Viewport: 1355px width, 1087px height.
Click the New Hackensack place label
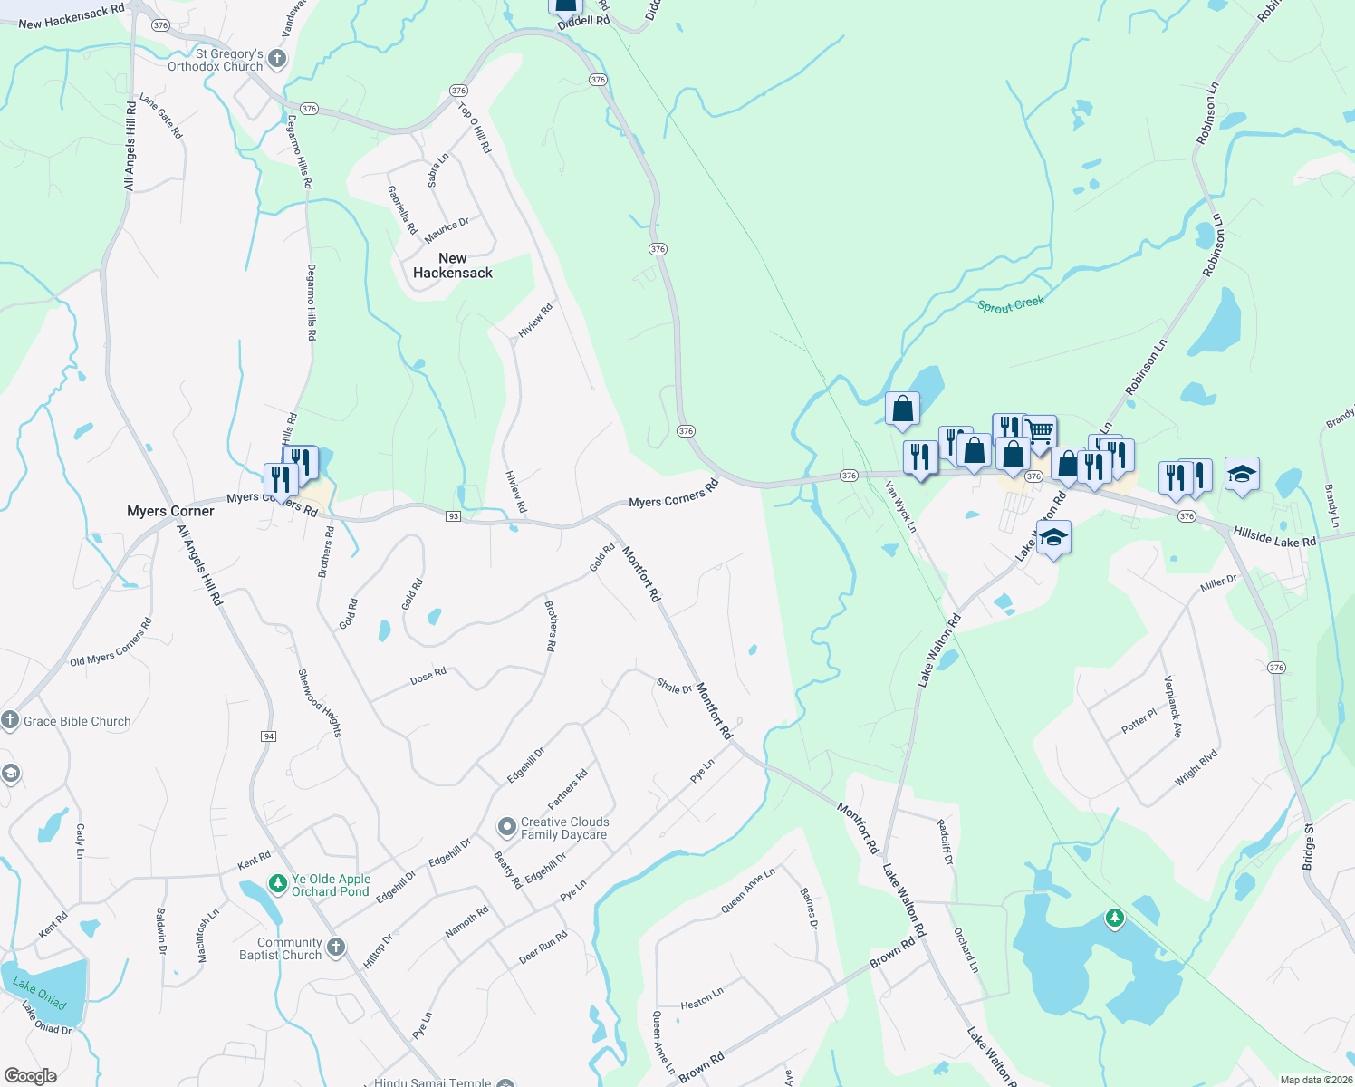(x=453, y=265)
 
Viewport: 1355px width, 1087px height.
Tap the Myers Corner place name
(x=170, y=511)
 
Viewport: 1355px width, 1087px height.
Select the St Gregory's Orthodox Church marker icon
(x=277, y=60)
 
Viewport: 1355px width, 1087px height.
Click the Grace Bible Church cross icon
(x=10, y=721)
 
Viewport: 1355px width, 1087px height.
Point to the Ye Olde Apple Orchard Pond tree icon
(x=278, y=882)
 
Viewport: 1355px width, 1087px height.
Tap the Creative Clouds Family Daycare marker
(x=507, y=827)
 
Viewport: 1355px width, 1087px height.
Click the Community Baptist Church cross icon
(x=336, y=948)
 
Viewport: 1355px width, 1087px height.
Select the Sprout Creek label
(x=1011, y=304)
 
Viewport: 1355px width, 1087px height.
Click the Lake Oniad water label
(x=40, y=995)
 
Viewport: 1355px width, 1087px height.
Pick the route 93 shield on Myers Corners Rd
(x=454, y=516)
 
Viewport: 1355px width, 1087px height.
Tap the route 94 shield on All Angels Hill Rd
(x=268, y=736)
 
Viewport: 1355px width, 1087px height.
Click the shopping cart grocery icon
(x=1040, y=431)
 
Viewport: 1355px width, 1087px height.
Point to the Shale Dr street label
(x=674, y=687)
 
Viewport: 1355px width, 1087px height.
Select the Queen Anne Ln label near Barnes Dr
(x=747, y=891)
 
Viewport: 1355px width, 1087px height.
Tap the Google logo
(x=31, y=1076)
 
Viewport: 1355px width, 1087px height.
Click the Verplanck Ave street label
(x=1172, y=707)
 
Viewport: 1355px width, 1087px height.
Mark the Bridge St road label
(x=1308, y=847)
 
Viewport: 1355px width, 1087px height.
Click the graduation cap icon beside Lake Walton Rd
(x=1053, y=538)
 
